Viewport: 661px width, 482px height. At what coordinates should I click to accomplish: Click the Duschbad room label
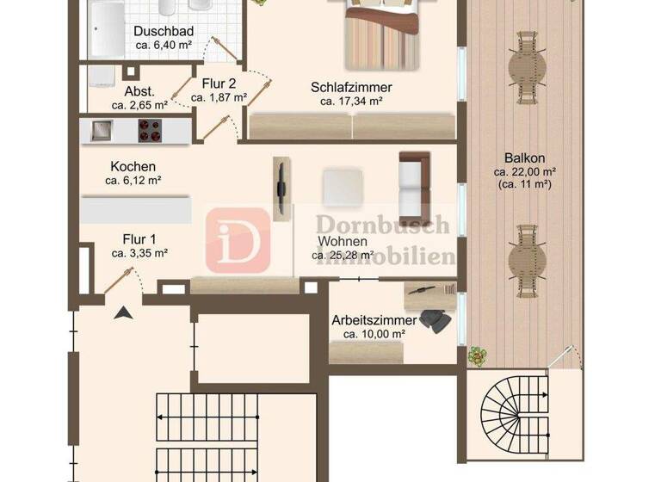tap(164, 32)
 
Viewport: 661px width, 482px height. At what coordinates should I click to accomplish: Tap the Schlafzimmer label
tap(351, 87)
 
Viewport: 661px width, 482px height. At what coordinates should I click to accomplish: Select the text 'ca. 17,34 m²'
tap(351, 102)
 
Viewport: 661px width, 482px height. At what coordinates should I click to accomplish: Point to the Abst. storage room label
tap(139, 92)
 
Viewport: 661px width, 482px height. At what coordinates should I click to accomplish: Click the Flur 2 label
tap(219, 83)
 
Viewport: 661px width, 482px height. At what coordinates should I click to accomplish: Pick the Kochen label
tap(133, 167)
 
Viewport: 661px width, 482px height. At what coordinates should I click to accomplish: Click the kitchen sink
tap(100, 131)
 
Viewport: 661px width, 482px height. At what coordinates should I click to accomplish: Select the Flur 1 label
tap(139, 238)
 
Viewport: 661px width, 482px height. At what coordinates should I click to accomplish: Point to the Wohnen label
tap(343, 241)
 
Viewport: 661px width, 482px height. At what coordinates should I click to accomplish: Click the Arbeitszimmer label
tap(374, 320)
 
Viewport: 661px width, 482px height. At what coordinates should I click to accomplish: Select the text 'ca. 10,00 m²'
tap(374, 334)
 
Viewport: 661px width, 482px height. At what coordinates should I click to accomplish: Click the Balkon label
tap(524, 158)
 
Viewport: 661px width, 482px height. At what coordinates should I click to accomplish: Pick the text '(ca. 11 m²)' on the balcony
tap(524, 183)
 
